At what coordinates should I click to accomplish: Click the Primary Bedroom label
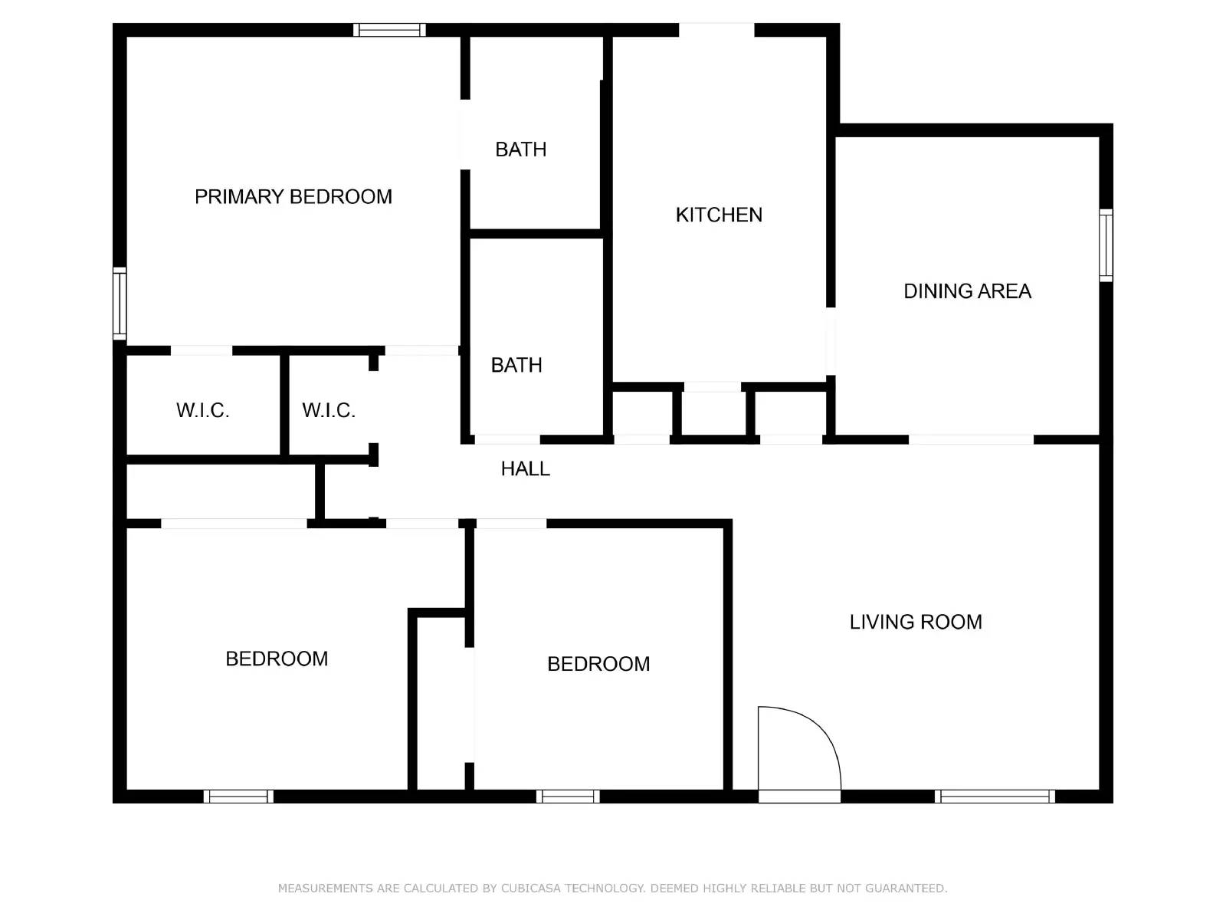point(293,197)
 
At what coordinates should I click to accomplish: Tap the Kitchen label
point(719,215)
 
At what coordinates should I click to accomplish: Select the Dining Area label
point(967,291)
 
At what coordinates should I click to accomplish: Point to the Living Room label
point(916,622)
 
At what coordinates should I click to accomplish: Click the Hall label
point(525,468)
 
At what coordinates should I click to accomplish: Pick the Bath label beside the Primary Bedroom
point(521,149)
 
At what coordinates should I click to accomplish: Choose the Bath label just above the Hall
point(516,365)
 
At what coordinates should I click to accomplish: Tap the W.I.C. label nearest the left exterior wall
point(203,410)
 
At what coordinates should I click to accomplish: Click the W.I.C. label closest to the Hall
point(329,410)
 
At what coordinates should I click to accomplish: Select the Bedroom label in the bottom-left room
point(277,659)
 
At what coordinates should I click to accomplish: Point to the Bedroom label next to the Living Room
point(598,664)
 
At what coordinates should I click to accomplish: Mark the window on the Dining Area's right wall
point(1106,245)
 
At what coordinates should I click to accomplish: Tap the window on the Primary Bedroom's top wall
point(389,31)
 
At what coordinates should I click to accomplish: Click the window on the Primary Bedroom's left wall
point(120,304)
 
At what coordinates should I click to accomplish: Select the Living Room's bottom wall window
point(995,797)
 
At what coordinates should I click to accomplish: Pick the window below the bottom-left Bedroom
point(238,797)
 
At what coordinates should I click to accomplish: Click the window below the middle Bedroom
point(568,797)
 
